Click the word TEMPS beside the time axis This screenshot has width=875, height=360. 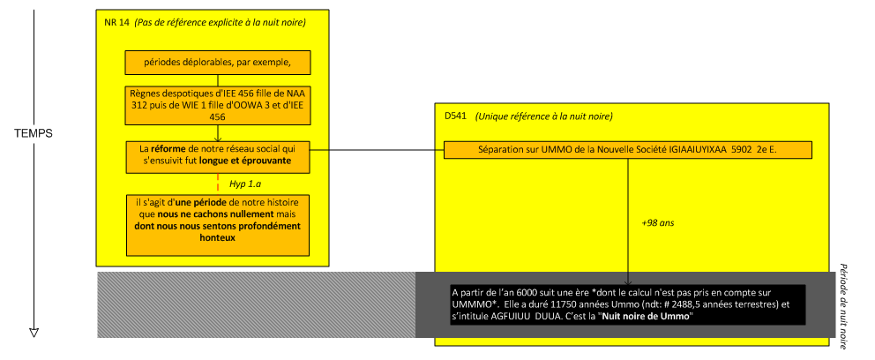34,134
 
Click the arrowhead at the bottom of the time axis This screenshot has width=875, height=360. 34,332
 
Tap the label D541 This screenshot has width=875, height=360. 455,116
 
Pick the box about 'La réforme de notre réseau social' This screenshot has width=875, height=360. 216,155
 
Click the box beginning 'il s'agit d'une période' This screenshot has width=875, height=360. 216,225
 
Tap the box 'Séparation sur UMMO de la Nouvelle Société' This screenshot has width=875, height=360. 627,150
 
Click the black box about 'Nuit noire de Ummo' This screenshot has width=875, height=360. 627,305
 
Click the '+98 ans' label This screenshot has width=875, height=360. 657,224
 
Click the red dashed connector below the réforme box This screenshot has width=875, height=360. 217,183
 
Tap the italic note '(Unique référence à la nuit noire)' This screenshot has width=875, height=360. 543,116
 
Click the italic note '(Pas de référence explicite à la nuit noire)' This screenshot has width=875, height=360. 221,22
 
